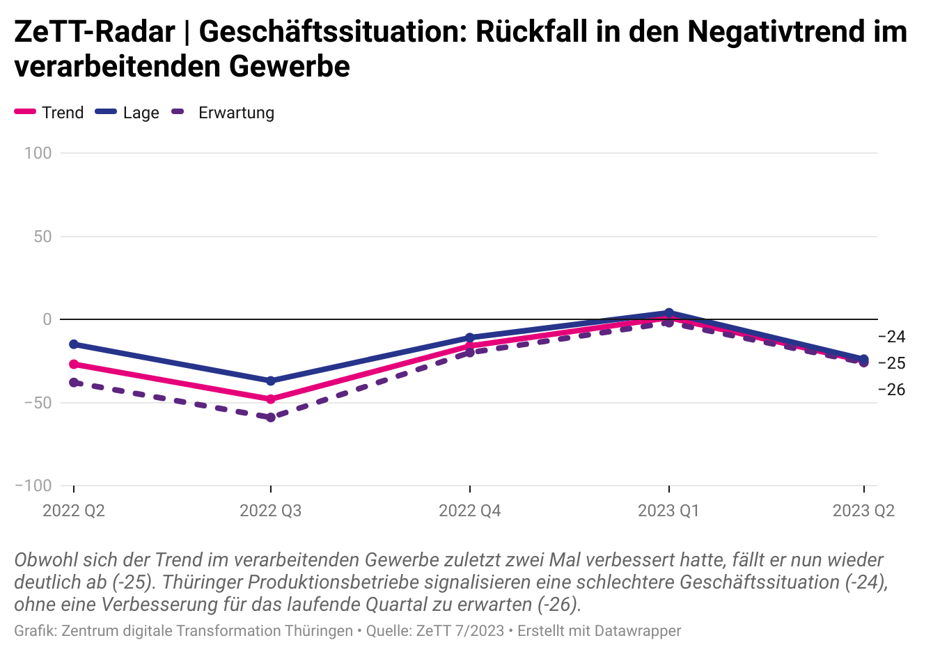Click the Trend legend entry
[50, 113]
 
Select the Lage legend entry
[127, 113]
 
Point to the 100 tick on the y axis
[38, 153]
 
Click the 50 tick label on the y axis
[42, 237]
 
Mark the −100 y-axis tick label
[33, 486]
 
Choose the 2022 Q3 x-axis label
[271, 511]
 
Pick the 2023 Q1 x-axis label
[668, 511]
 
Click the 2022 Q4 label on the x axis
[470, 511]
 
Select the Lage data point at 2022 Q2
[74, 344]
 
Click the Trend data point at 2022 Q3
[271, 399]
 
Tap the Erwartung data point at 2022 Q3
[271, 417]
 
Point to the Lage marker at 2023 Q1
[668, 313]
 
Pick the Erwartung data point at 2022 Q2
[74, 383]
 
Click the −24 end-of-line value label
[892, 337]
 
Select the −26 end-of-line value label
[892, 390]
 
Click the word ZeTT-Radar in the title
[95, 32]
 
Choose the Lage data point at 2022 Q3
[271, 381]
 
